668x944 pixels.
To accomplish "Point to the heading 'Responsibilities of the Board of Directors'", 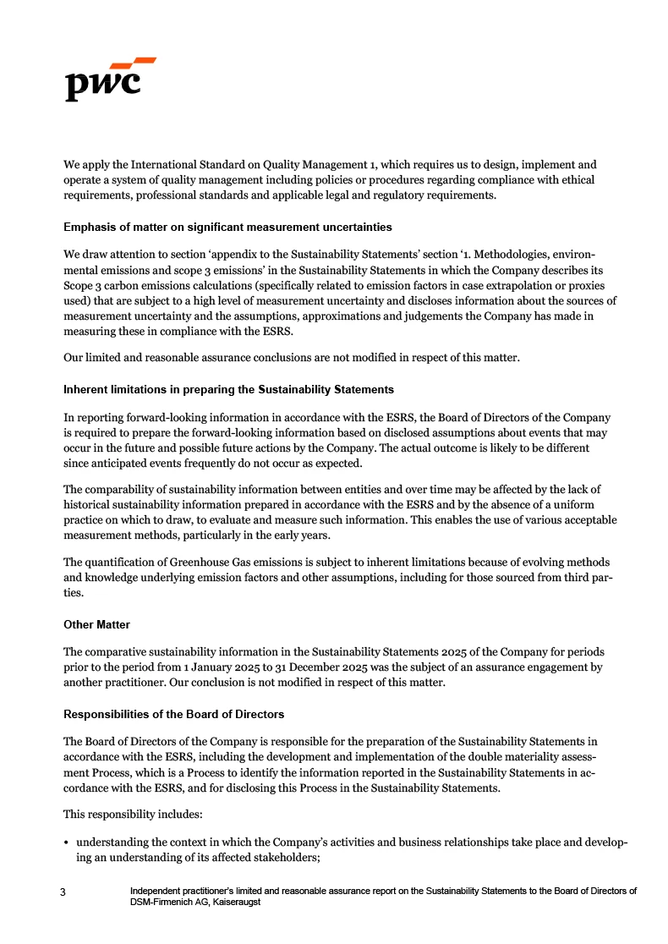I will (x=173, y=715).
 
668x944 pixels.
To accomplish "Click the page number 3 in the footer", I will (x=63, y=892).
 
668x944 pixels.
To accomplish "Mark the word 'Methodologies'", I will (x=515, y=254).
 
